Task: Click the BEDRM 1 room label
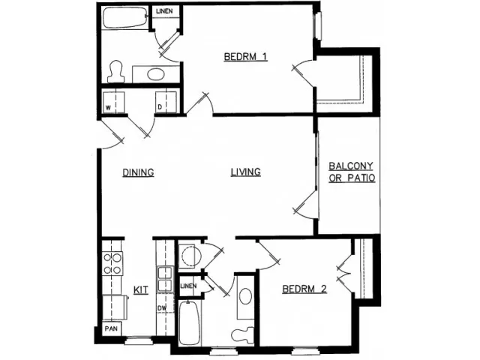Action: pos(245,57)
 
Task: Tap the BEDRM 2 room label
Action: pos(304,289)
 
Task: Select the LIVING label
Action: pos(245,172)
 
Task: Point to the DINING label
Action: pos(138,172)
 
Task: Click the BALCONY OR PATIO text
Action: pos(351,172)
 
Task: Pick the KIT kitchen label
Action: pos(139,289)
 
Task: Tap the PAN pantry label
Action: pos(110,328)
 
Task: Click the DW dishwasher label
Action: pos(160,308)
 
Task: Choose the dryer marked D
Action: pos(163,103)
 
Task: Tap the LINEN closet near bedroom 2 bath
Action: pos(187,286)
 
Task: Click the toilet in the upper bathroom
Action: pos(115,71)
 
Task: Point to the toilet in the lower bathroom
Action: pos(241,333)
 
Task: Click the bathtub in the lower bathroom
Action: pos(189,323)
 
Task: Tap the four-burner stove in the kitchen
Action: pos(112,263)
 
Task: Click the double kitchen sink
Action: pos(162,277)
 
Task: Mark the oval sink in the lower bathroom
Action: pos(244,295)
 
